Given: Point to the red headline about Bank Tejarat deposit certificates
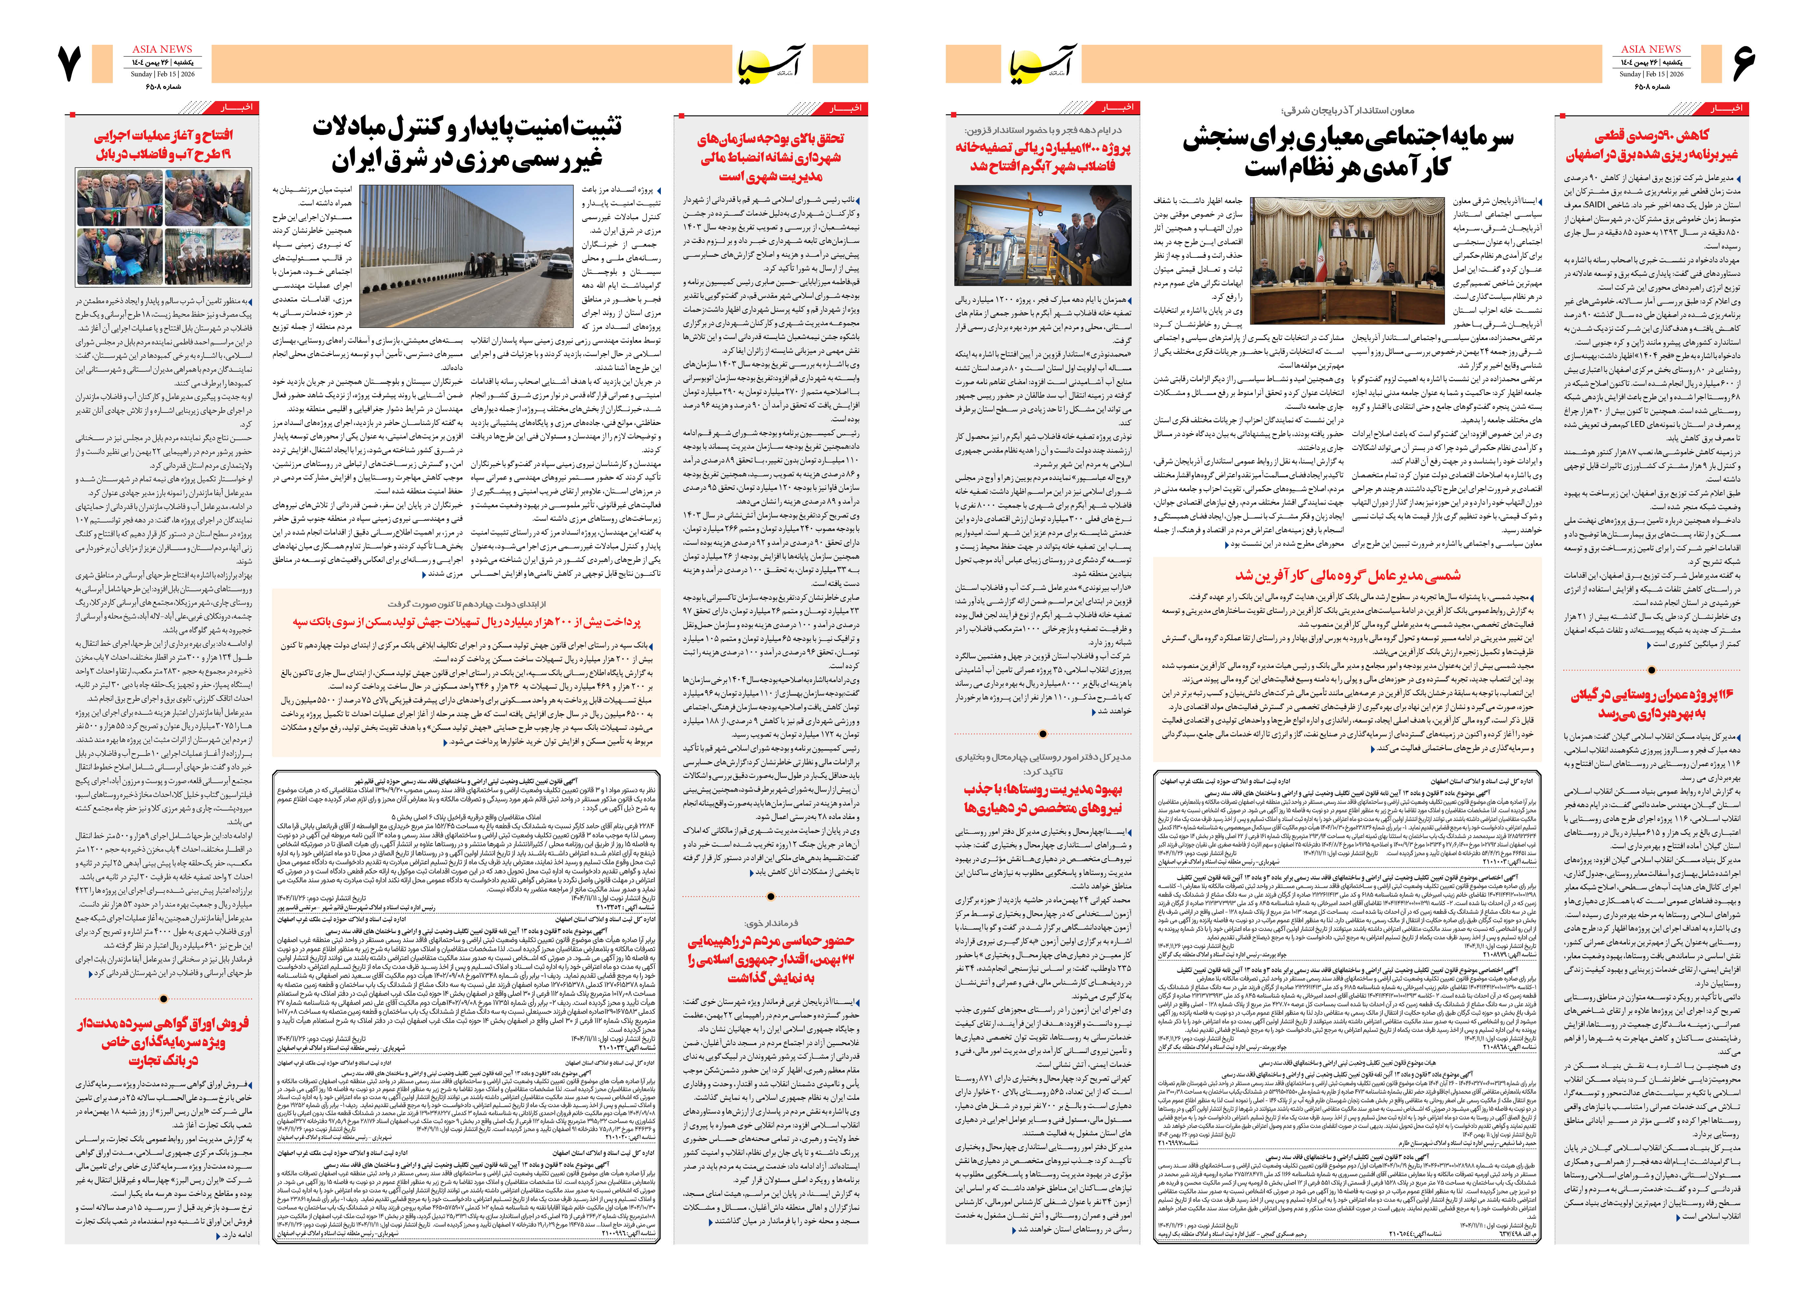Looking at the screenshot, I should point(164,1042).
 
